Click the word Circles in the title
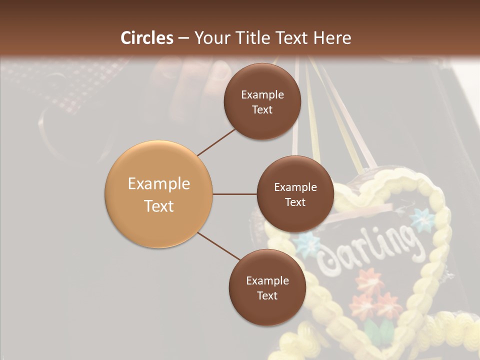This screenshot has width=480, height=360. (x=147, y=38)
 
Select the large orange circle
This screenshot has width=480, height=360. (x=158, y=194)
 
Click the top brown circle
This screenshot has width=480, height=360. (x=262, y=101)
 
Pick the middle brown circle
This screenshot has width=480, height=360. (x=295, y=194)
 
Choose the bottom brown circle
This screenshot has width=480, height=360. (x=267, y=287)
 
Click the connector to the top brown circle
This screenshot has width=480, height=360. (x=216, y=142)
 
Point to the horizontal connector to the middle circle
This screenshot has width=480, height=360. (x=234, y=194)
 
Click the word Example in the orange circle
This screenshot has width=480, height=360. (x=158, y=183)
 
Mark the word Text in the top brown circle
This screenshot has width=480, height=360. (x=262, y=109)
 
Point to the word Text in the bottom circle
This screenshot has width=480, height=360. (x=267, y=295)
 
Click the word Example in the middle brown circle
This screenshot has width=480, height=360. (x=295, y=187)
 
